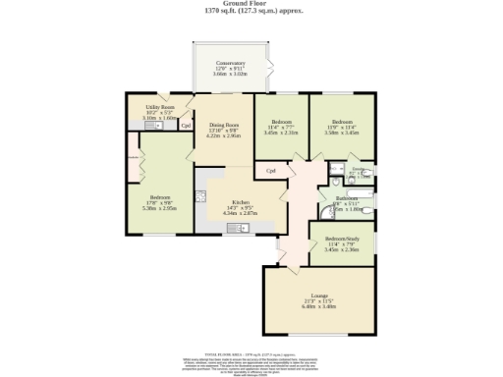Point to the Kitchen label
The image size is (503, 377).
pos(240,207)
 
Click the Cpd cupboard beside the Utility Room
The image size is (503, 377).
pos(185,126)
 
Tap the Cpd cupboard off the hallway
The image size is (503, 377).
pos(270,171)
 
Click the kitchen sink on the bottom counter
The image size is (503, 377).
pos(238,228)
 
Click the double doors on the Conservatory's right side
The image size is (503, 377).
pos(271,70)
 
